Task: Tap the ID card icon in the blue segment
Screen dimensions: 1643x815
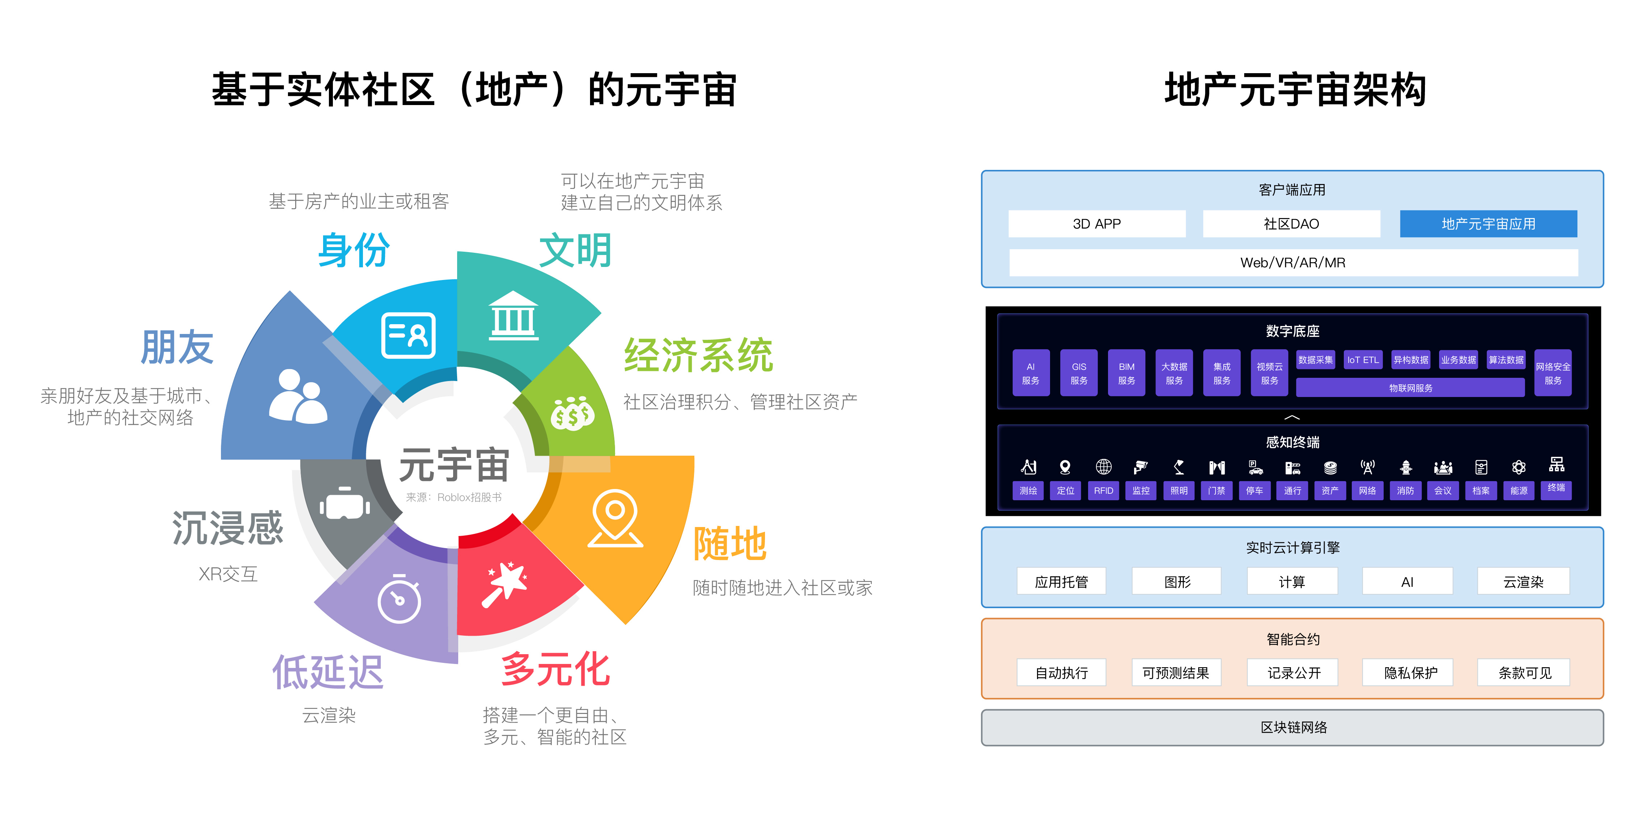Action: click(x=408, y=335)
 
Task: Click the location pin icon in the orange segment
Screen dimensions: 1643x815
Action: click(x=615, y=518)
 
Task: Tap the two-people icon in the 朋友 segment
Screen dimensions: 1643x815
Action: click(x=297, y=397)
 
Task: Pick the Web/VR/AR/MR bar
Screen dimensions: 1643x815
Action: click(x=1293, y=263)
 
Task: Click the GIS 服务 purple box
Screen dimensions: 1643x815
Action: click(x=1079, y=373)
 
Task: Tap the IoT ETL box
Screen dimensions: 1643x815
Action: click(x=1362, y=360)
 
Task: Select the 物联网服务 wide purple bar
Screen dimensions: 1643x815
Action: click(x=1410, y=388)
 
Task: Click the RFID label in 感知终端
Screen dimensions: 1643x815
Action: click(x=1103, y=490)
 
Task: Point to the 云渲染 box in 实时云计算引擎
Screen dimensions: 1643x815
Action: click(x=1523, y=582)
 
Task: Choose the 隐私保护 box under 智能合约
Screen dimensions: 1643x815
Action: click(x=1410, y=673)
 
